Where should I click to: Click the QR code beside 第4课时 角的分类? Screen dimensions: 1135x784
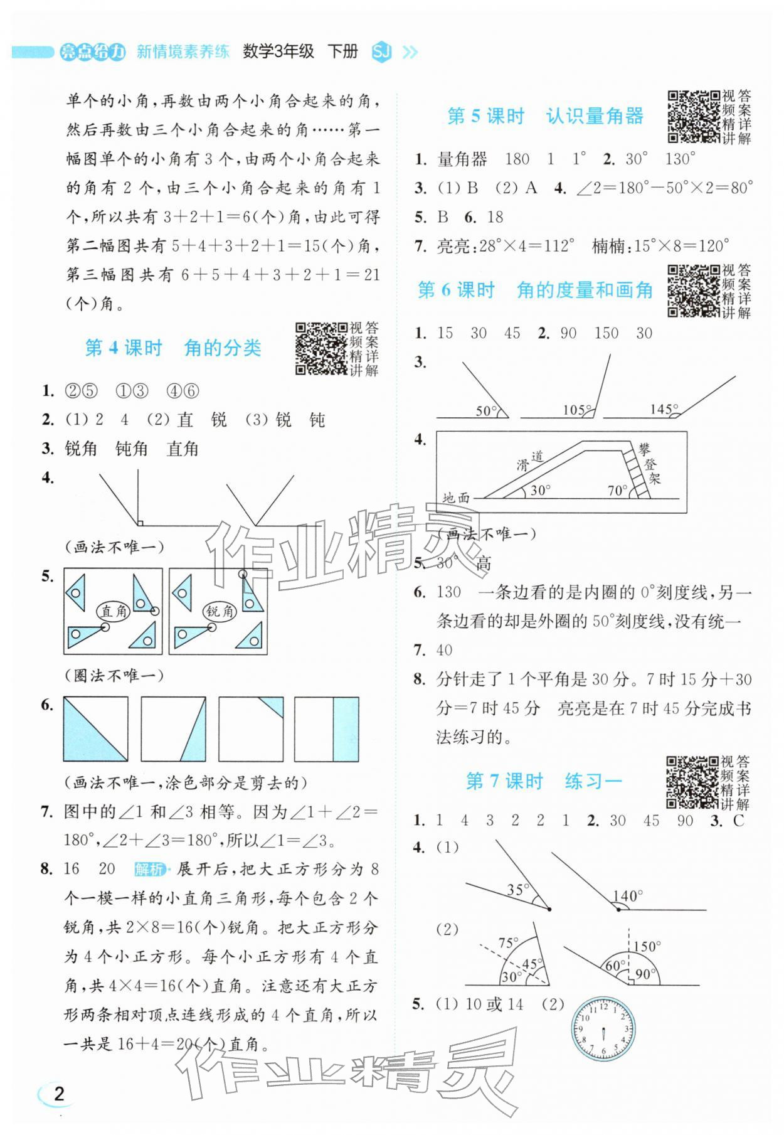(320, 348)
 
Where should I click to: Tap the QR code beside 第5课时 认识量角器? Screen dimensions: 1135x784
(693, 117)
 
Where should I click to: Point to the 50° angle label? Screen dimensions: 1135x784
(485, 411)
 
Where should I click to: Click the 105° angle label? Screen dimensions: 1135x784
(575, 410)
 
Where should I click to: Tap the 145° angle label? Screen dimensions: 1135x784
(662, 409)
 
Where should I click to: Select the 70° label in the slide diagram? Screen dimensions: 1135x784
(617, 491)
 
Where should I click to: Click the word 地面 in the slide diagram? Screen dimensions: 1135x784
(456, 498)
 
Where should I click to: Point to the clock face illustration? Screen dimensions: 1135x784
(603, 1028)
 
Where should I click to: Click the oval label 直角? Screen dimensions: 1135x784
(114, 610)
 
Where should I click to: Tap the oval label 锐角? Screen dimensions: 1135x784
(220, 610)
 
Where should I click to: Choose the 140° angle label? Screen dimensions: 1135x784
(628, 896)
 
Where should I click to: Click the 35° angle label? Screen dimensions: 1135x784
(518, 889)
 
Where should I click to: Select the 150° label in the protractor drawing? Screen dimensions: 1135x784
(647, 946)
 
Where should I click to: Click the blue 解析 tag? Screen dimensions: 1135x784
(150, 869)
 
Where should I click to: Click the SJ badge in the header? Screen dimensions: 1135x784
(381, 52)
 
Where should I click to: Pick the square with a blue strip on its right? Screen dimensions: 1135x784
(327, 728)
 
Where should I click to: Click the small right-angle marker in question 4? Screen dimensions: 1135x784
(140, 522)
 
